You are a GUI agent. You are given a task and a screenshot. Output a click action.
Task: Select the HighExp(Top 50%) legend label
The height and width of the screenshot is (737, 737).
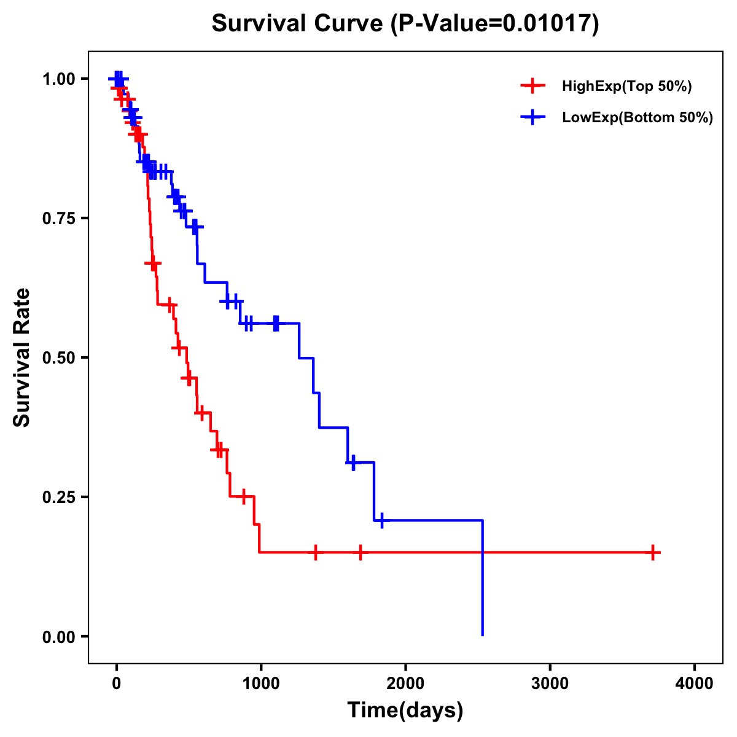627,86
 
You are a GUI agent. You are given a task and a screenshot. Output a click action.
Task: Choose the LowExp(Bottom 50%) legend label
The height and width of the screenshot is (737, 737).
638,118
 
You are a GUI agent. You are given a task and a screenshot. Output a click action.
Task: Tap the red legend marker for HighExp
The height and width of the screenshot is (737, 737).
532,86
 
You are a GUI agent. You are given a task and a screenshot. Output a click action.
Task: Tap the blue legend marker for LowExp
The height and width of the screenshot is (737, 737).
532,118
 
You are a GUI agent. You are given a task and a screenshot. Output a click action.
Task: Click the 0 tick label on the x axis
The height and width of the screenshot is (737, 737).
116,683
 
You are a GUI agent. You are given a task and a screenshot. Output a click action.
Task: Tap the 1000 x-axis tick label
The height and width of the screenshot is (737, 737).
260,683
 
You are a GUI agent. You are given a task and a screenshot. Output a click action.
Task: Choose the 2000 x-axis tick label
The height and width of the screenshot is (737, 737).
405,683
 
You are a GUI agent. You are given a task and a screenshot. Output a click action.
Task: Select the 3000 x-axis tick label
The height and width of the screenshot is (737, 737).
550,683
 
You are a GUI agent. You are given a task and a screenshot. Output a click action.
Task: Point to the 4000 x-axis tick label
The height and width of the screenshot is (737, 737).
695,683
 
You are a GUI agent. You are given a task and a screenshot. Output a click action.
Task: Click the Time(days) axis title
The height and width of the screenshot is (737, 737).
405,711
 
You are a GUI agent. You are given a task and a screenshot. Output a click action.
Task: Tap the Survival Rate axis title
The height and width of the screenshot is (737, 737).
22,357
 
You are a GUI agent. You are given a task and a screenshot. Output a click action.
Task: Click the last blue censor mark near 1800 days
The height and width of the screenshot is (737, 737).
381,520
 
